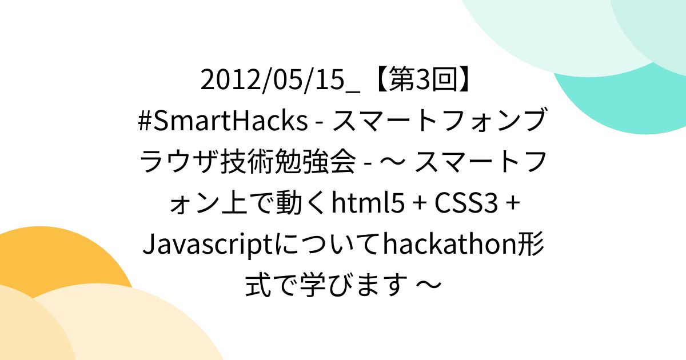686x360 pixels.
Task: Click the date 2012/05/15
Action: [x=273, y=79]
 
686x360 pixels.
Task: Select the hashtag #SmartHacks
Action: [x=223, y=120]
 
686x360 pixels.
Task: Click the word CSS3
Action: [x=466, y=203]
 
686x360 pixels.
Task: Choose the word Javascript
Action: [x=208, y=245]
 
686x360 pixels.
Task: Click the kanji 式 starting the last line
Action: [x=258, y=285]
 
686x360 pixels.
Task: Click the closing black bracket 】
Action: [x=466, y=79]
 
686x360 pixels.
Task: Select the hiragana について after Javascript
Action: [x=328, y=245]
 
